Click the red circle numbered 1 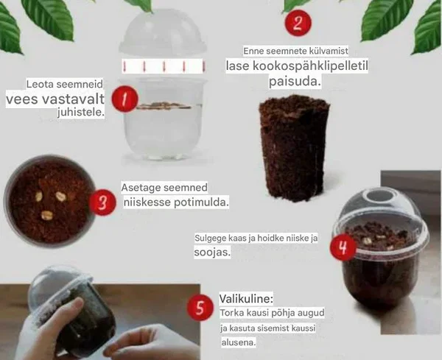[124, 99]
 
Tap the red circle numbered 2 [298, 23]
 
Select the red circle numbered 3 [102, 202]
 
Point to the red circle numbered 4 [343, 247]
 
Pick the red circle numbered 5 [200, 308]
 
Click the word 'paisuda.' [295, 82]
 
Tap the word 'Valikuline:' [246, 299]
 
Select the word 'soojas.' [212, 252]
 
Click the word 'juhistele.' [81, 113]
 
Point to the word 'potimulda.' [201, 202]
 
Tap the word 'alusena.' [239, 342]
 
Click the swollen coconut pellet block [294, 148]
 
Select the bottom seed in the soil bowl [47, 216]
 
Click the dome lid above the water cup [163, 32]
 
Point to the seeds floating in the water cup [164, 106]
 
